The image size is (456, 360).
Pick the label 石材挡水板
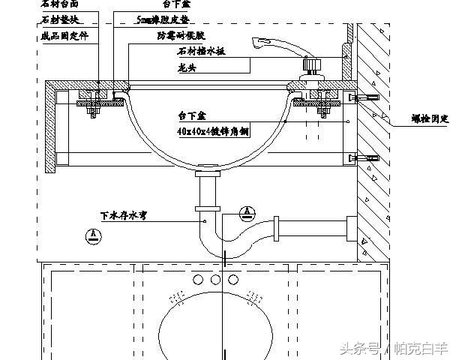click(x=201, y=51)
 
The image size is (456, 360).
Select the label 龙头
click(x=188, y=65)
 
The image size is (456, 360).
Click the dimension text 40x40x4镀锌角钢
click(x=211, y=132)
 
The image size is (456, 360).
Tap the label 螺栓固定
click(x=430, y=119)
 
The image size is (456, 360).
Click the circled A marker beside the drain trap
click(x=247, y=213)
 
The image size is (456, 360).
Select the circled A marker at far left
click(x=91, y=235)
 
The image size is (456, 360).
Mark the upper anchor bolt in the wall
click(x=367, y=98)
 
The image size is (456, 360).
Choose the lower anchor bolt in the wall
click(x=367, y=158)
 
